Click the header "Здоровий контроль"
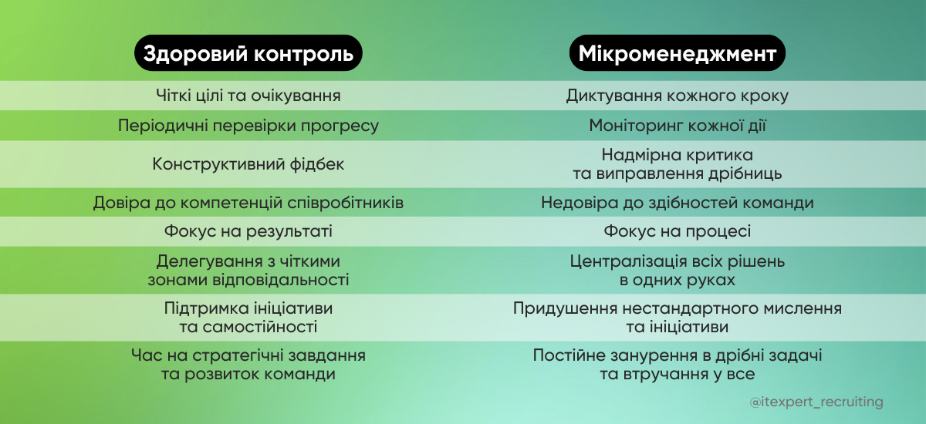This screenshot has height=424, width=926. click(x=248, y=55)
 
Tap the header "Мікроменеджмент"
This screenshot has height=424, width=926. click(x=677, y=55)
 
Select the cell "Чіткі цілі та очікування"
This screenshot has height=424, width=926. click(x=248, y=96)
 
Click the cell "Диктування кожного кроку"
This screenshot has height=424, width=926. click(x=677, y=96)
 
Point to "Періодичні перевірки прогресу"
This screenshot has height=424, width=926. click(x=248, y=126)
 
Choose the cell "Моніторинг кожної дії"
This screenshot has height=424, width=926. click(x=677, y=126)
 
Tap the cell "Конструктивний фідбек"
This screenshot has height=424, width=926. click(x=248, y=164)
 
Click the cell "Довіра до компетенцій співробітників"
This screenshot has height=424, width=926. click(x=248, y=203)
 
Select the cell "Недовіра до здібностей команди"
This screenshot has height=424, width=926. click(x=677, y=203)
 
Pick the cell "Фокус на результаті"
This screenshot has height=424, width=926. click(x=248, y=231)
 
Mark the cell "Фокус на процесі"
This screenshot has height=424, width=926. click(x=677, y=231)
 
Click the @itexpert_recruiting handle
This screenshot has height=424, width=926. click(x=816, y=402)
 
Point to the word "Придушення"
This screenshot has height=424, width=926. click(x=559, y=308)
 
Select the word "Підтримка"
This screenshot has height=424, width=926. click(x=202, y=308)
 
